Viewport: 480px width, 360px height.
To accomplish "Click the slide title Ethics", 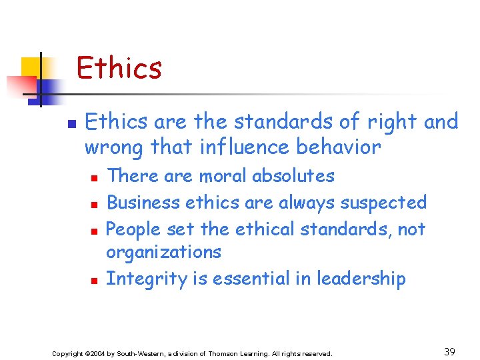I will click(119, 68).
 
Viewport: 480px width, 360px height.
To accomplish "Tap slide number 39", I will click(451, 351).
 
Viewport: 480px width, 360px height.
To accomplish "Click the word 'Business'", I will click(143, 202).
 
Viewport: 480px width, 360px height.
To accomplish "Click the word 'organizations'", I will click(163, 253).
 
